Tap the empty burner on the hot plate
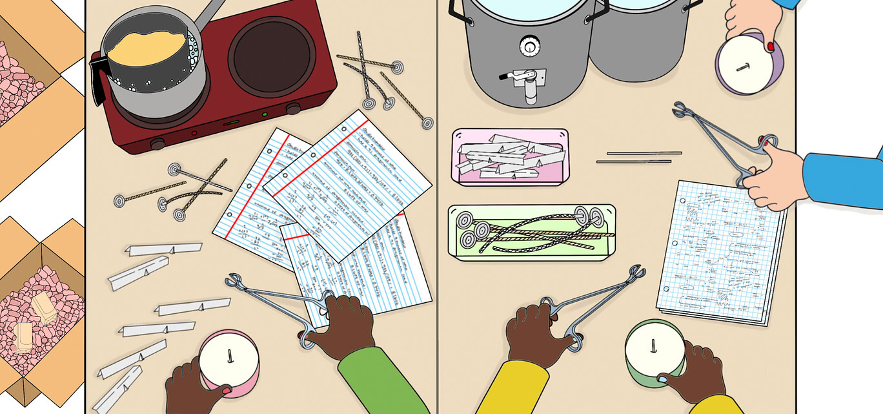(270, 56)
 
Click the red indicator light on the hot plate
(194, 133)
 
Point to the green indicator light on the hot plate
(265, 115)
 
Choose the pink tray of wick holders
(509, 156)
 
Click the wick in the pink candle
(229, 355)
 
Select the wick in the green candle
(653, 346)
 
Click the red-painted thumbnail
(771, 46)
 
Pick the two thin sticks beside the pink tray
(639, 157)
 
